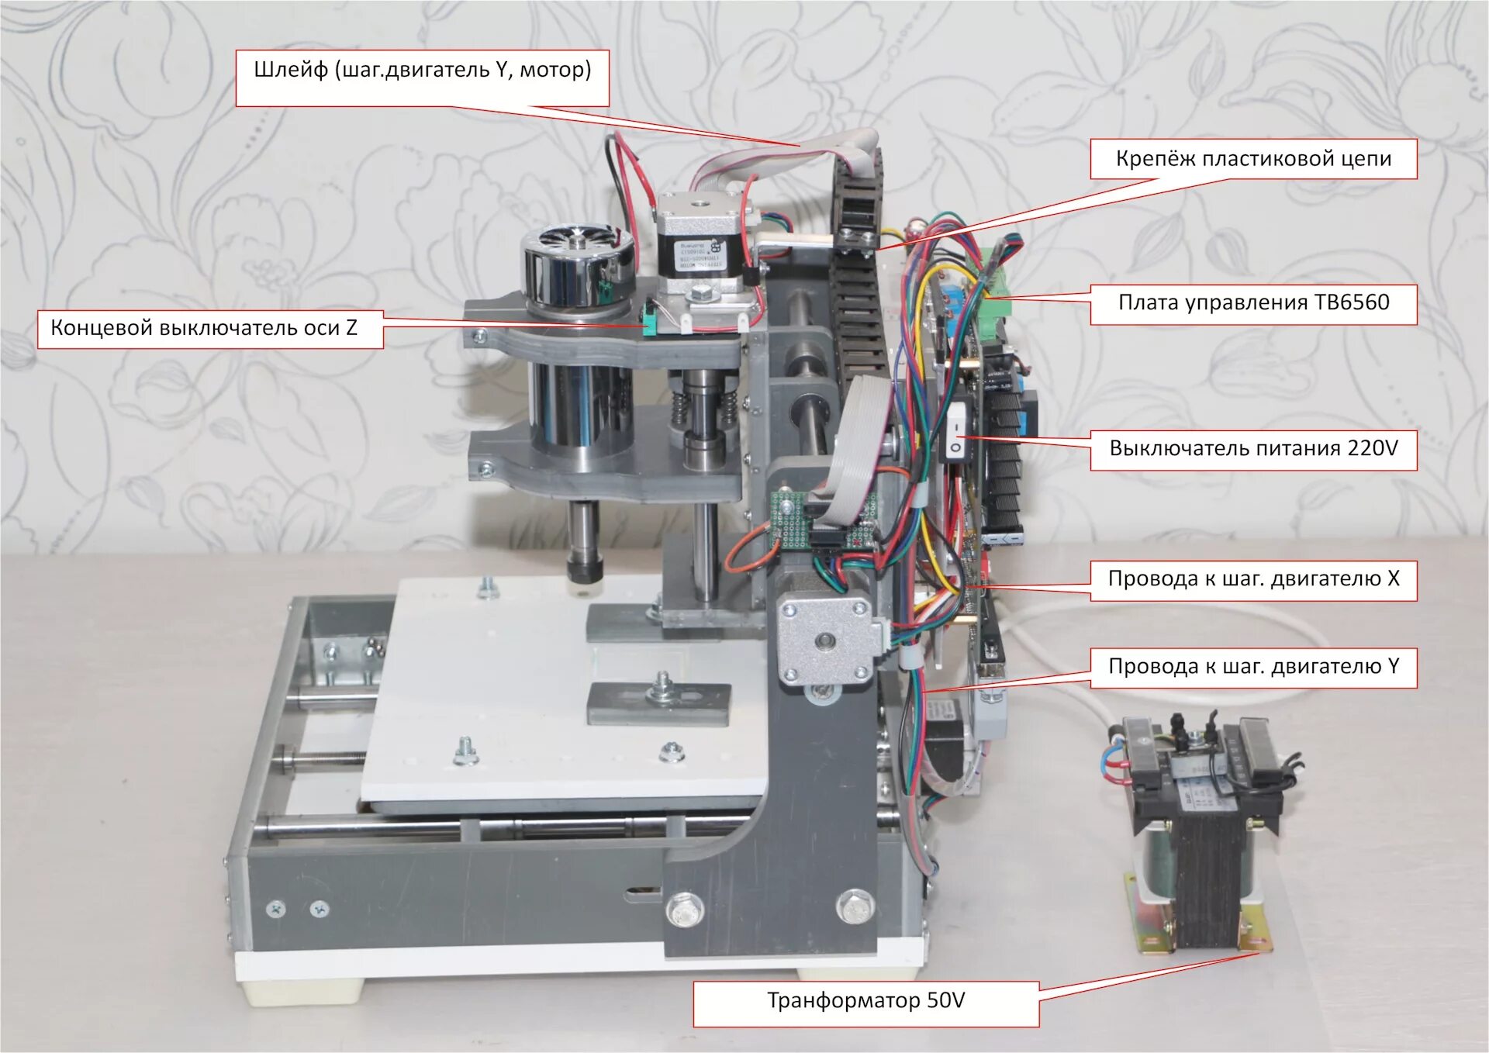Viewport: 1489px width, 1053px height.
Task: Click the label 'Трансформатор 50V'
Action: (865, 1001)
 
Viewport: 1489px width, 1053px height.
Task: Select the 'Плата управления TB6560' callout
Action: (1253, 302)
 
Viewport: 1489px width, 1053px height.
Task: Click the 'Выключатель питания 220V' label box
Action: (1253, 449)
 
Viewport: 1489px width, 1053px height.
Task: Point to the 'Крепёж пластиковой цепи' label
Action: (1253, 159)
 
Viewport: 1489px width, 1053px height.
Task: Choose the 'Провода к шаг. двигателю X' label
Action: (1253, 579)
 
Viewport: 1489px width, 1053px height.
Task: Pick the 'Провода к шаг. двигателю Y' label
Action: (1253, 667)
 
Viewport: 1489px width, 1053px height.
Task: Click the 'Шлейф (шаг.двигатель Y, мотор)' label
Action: (423, 71)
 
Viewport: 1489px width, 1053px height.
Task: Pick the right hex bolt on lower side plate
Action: (855, 906)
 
